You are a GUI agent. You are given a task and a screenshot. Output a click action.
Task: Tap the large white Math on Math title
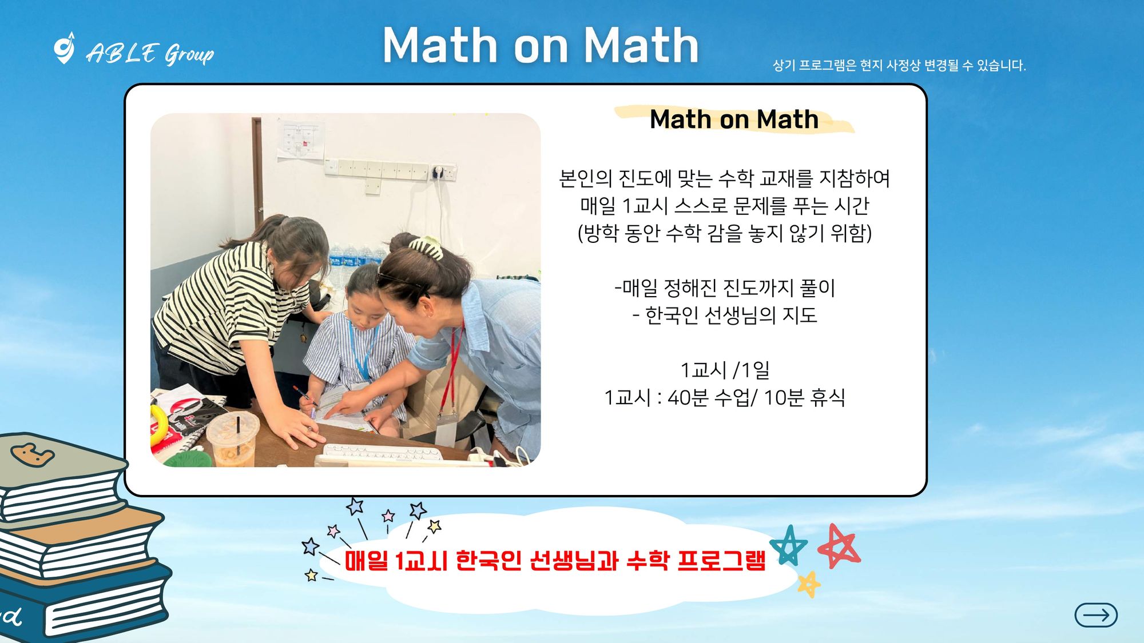[x=541, y=45]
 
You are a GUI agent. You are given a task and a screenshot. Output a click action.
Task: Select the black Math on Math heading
[x=734, y=119]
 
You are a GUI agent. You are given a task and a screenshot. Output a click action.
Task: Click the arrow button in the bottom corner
[x=1095, y=615]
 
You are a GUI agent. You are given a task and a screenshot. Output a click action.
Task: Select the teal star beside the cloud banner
[x=789, y=545]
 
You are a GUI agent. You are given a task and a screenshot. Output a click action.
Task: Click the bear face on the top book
[x=33, y=455]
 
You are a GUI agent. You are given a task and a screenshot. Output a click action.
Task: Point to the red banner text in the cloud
[x=555, y=561]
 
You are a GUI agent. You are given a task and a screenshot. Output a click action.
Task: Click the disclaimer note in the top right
[x=899, y=65]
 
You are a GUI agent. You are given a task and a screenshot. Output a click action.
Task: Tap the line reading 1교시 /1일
[x=725, y=370]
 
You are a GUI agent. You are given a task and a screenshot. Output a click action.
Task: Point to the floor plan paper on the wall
[x=300, y=139]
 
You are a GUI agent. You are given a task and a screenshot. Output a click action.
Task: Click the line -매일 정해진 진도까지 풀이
[x=725, y=287]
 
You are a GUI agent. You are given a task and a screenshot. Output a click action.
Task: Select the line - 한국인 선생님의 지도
[x=725, y=315]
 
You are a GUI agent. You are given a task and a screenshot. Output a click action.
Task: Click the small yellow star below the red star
[x=809, y=584]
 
